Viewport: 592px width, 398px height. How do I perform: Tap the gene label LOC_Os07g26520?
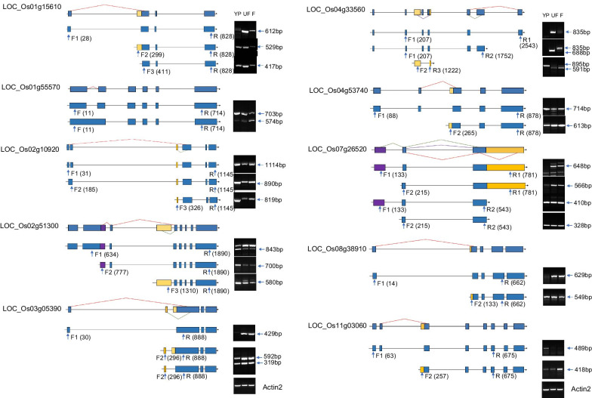[x=340, y=148]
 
